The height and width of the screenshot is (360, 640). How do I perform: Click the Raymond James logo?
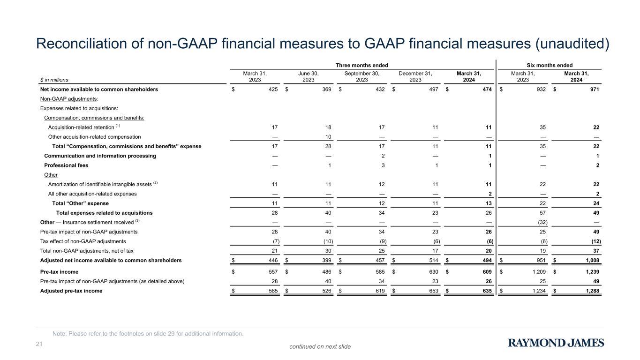pos(556,343)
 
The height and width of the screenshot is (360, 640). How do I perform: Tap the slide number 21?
pos(39,345)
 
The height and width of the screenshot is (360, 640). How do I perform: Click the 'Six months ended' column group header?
pos(550,65)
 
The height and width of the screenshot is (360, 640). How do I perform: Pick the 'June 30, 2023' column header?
pos(308,76)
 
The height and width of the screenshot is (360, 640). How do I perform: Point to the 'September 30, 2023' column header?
pos(361,76)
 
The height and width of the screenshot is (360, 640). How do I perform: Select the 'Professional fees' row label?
pos(66,165)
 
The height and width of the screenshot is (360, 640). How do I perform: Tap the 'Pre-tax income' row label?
pos(60,271)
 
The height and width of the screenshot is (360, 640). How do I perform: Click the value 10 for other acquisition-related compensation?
pos(328,137)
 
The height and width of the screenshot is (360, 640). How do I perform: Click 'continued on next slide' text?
pos(320,346)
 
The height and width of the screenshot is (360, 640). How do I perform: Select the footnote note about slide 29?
pos(148,334)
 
